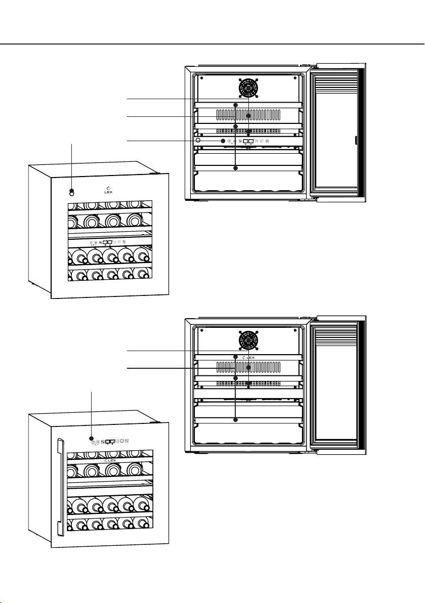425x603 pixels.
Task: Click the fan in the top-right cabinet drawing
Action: tap(248, 88)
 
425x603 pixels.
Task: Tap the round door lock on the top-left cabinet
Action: tap(71, 192)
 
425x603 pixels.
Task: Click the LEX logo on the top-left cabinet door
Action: tap(108, 190)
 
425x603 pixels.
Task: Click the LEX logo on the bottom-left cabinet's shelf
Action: tap(110, 460)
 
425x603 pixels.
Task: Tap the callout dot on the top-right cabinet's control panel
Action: tap(223, 141)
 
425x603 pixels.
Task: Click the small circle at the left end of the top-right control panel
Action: tap(198, 141)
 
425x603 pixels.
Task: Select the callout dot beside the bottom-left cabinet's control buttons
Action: tap(91, 438)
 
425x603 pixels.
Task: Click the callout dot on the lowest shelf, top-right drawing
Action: tap(235, 168)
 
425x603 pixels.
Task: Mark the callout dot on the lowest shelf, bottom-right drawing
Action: tap(235, 420)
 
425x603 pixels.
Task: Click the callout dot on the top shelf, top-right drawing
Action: tap(235, 105)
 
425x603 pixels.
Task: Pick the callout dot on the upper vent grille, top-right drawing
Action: tap(249, 115)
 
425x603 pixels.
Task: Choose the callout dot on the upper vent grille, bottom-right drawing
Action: tap(249, 368)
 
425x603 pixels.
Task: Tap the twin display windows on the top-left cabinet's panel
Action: tap(107, 243)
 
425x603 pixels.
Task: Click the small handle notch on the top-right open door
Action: tap(356, 140)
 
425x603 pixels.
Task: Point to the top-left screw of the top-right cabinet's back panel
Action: tap(202, 78)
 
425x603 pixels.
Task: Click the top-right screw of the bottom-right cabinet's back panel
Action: tap(294, 330)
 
